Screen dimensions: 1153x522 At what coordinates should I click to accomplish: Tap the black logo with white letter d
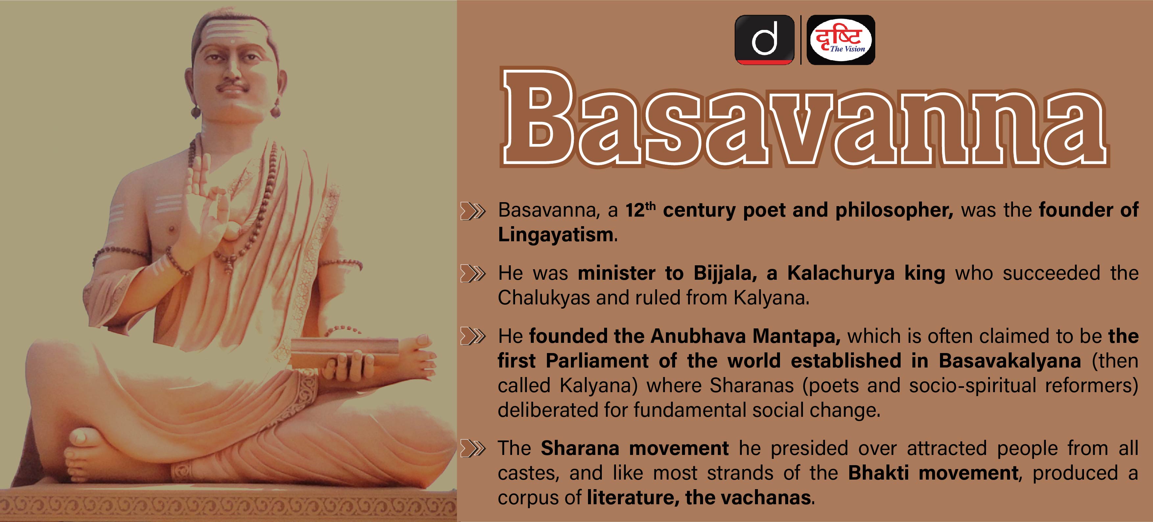click(765, 40)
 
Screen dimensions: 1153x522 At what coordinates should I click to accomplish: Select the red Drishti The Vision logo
click(840, 40)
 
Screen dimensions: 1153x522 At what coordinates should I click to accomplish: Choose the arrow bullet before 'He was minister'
click(473, 273)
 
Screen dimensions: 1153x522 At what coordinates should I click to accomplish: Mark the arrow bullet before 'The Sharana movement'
click(473, 449)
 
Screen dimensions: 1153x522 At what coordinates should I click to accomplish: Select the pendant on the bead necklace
click(229, 264)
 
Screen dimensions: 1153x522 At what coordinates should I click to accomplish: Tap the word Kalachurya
click(844, 273)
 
